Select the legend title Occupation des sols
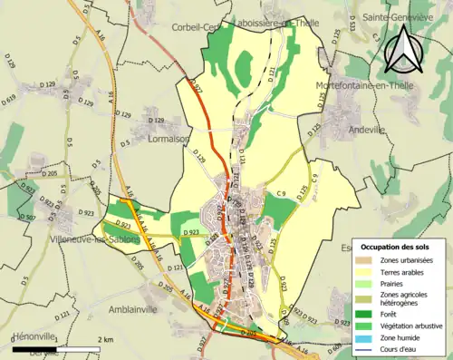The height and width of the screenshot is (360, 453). [397, 247]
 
